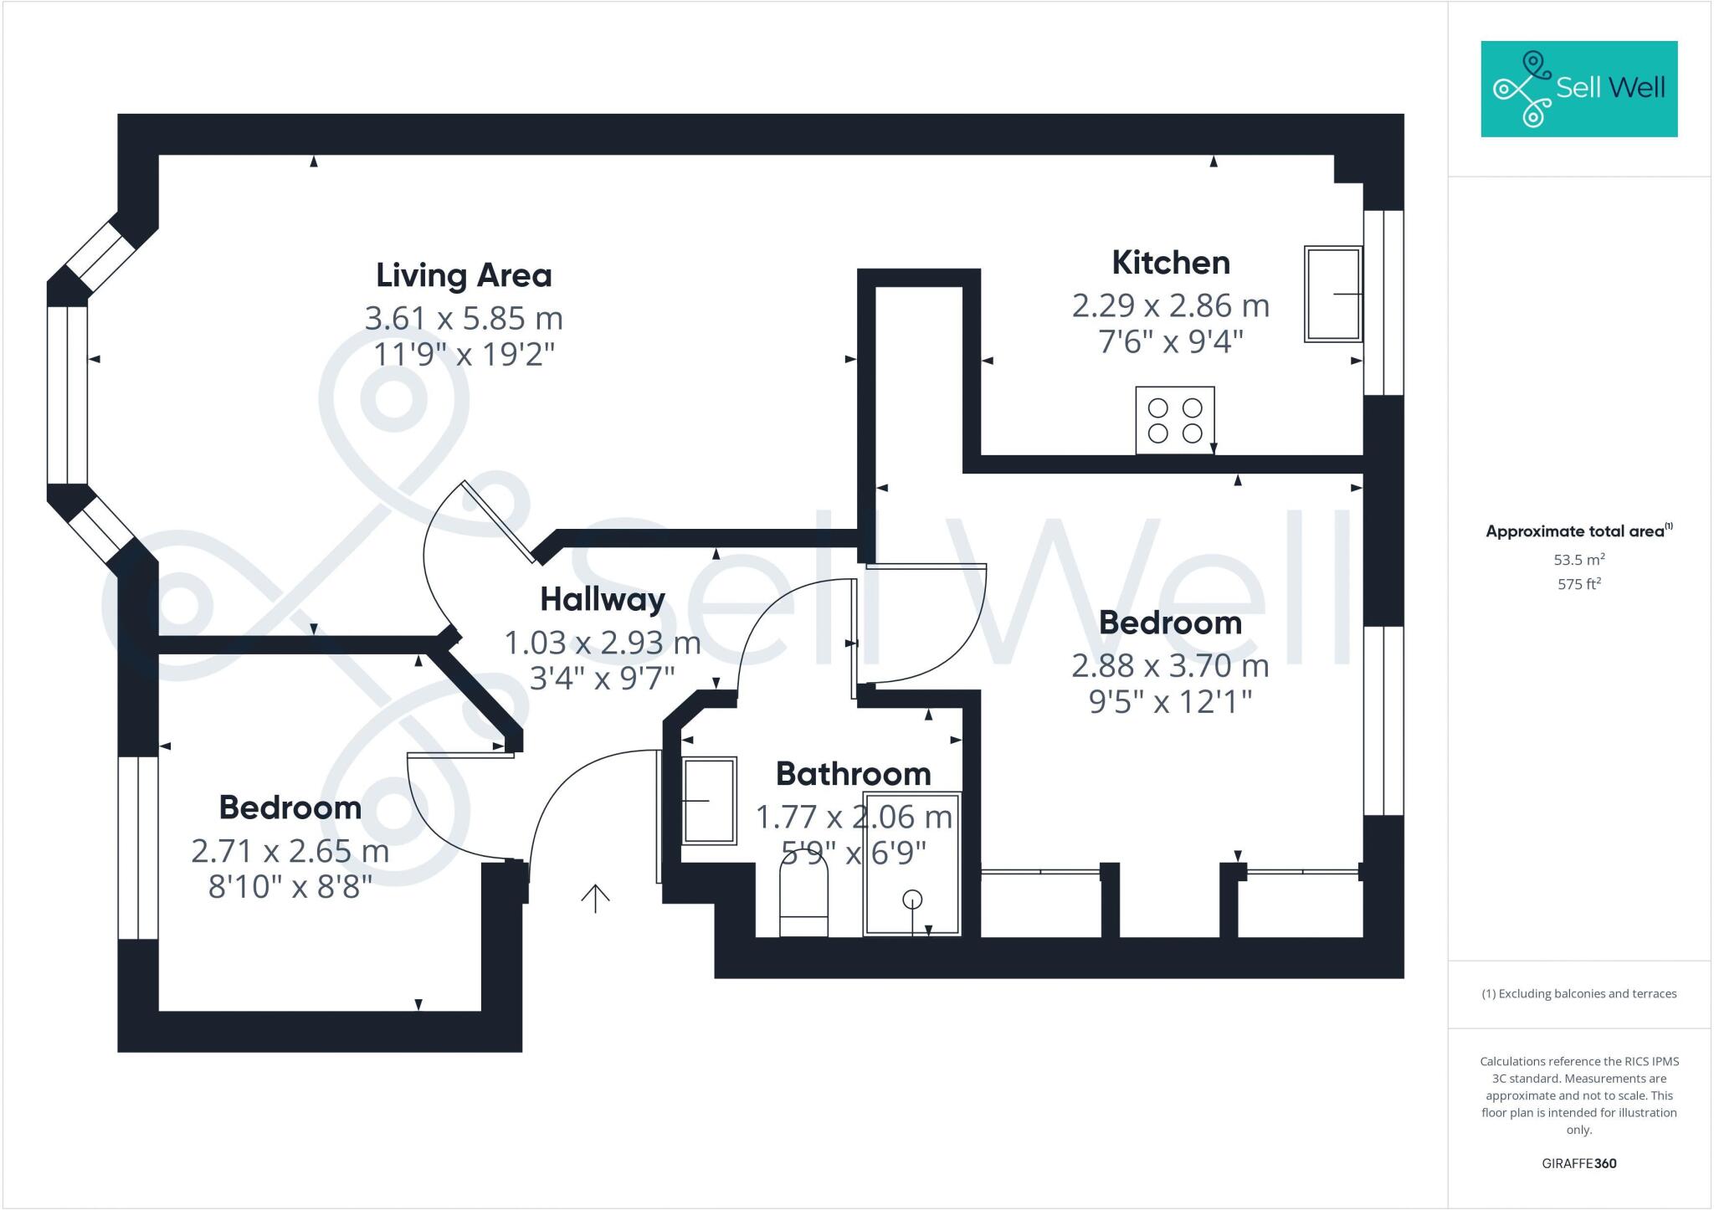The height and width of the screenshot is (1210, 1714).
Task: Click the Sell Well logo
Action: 1578,89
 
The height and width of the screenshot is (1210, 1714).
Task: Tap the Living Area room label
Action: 464,275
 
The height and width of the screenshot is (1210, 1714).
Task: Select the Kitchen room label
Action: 1170,263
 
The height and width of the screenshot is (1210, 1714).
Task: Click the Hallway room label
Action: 602,599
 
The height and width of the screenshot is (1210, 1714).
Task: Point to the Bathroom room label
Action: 853,774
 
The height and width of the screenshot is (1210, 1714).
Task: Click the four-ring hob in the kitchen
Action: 1174,420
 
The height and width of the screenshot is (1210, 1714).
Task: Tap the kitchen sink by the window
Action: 1332,294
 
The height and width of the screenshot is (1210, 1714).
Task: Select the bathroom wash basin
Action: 710,801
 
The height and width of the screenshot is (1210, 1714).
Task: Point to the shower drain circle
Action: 912,900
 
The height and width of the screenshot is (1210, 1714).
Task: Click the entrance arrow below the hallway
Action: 595,898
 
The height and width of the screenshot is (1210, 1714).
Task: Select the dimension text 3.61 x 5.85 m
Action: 464,318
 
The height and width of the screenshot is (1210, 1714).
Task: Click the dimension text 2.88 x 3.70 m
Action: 1170,666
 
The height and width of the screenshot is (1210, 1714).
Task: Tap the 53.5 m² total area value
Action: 1578,560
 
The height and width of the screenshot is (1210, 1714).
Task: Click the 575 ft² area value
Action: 1578,584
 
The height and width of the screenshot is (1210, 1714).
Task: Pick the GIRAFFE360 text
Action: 1578,1163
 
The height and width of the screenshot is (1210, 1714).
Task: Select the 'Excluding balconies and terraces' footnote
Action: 1578,994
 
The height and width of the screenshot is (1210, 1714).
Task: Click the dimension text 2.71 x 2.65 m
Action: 290,851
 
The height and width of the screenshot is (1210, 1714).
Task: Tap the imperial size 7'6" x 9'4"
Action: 1170,341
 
